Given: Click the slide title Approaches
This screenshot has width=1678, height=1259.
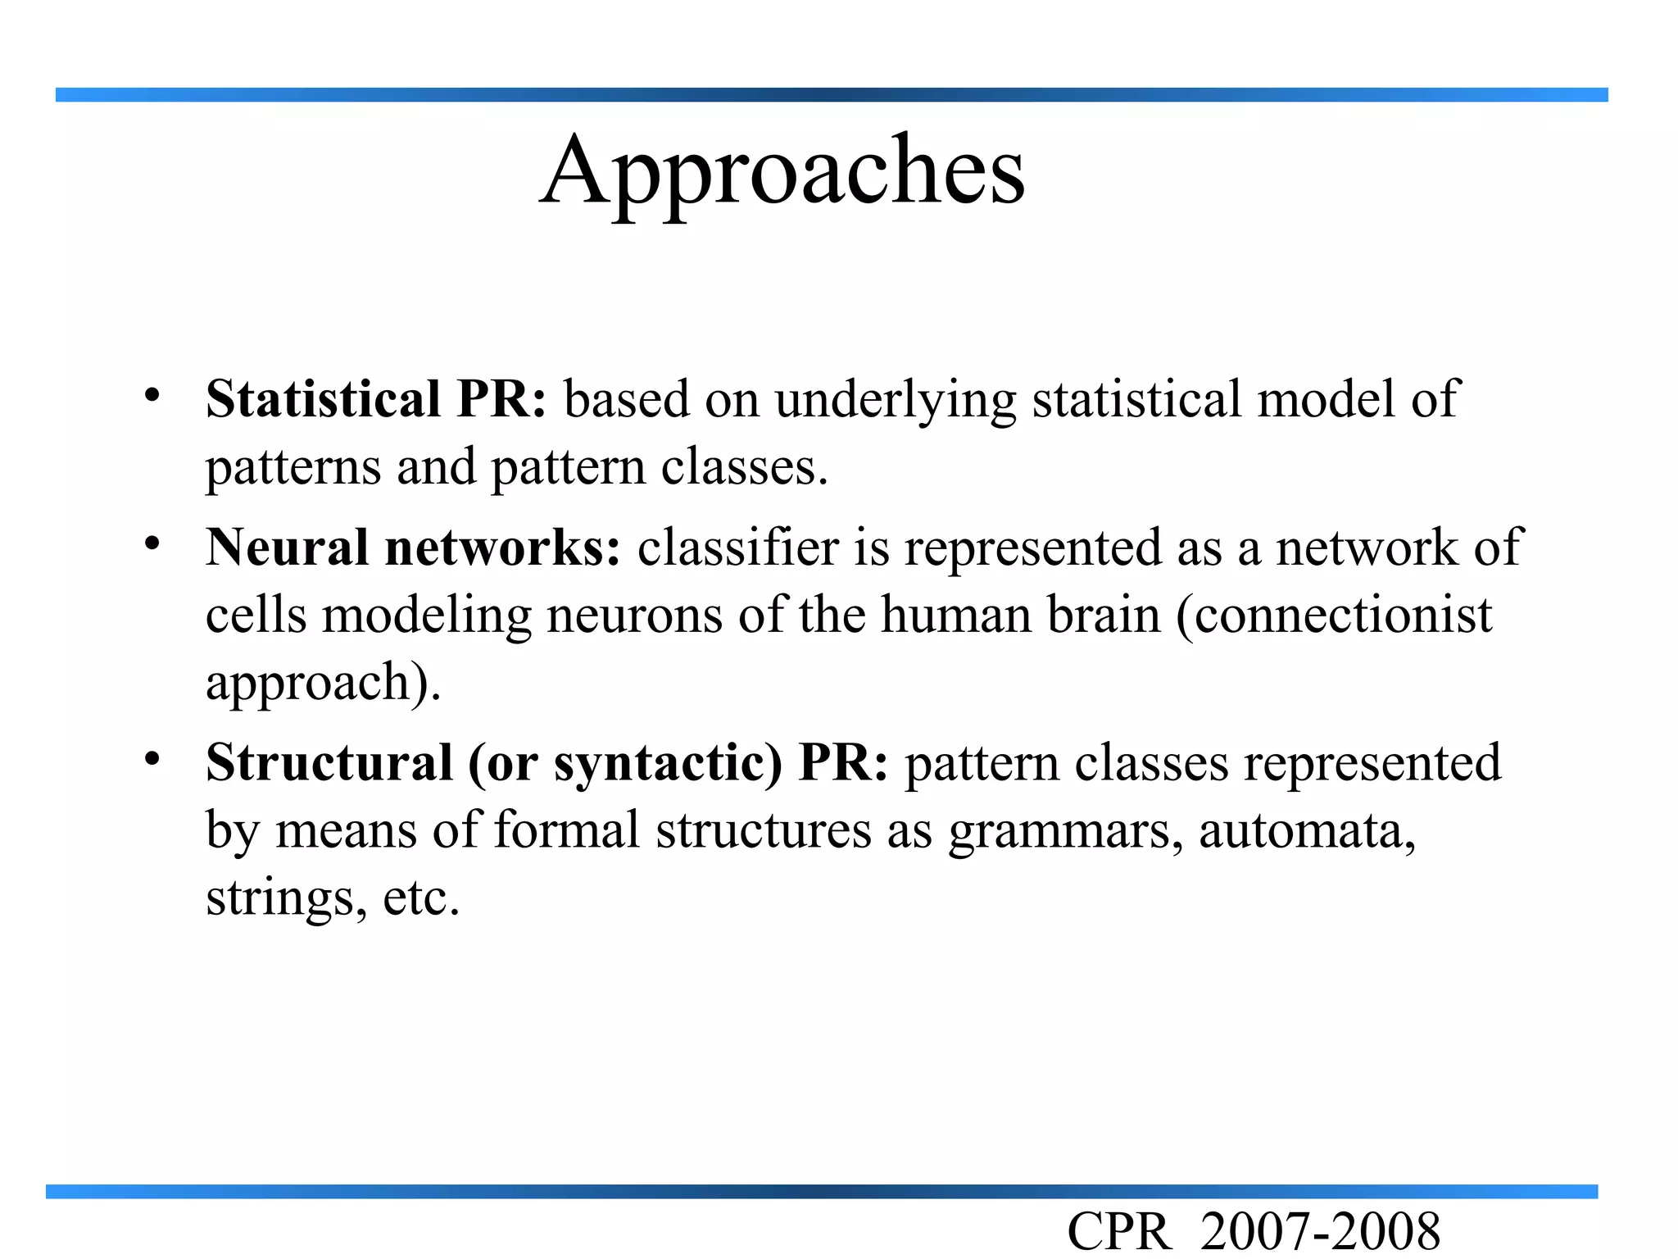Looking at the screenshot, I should (x=782, y=172).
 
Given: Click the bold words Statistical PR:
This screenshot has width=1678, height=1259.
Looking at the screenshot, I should (x=375, y=400).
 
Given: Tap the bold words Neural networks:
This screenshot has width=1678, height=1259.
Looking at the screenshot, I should (x=413, y=548).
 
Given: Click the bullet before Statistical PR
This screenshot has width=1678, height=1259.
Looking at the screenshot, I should (x=152, y=396).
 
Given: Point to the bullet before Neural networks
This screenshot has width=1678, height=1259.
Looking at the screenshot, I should (x=152, y=543).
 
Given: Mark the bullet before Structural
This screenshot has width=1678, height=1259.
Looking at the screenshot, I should (x=152, y=758).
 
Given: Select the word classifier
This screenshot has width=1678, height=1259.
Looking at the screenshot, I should (x=738, y=548).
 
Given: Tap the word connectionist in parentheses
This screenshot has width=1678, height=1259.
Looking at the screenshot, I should (x=1334, y=615).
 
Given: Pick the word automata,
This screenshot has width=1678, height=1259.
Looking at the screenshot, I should (x=1308, y=831).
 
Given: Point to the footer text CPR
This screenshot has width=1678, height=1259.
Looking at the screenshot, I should (x=1119, y=1233).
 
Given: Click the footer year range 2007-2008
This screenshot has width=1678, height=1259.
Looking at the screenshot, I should (x=1320, y=1233).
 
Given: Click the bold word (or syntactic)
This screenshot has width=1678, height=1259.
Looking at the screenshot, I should (x=625, y=764).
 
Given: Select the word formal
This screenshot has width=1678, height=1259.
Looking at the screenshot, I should (x=566, y=829).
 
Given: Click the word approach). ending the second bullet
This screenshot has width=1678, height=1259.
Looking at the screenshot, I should (x=323, y=684).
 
